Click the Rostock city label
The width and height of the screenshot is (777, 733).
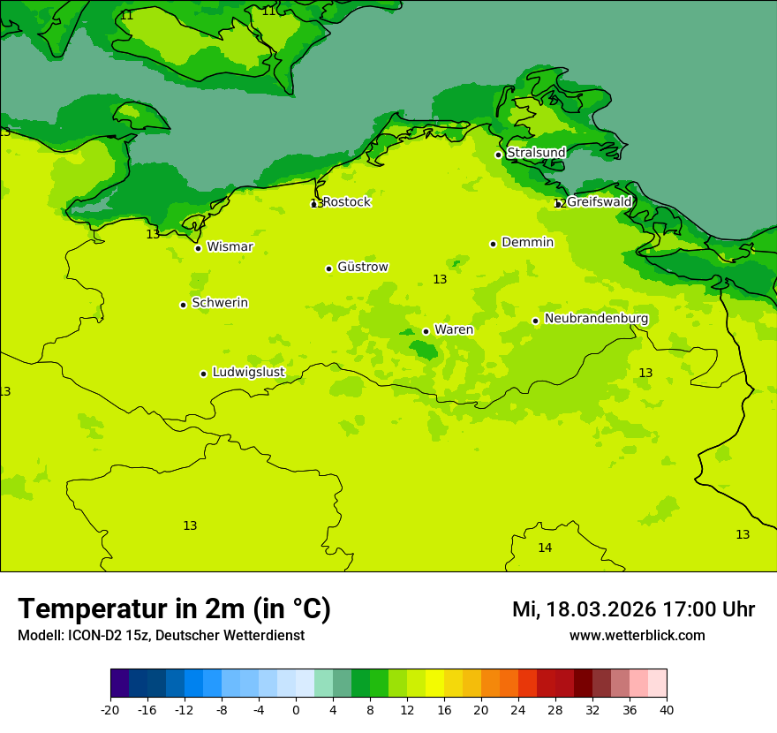346,202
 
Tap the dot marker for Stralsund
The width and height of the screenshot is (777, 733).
498,155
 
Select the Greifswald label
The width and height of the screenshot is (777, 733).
599,202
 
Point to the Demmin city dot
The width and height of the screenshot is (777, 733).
493,244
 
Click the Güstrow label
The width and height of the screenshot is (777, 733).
362,267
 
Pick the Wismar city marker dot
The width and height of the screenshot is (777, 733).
198,248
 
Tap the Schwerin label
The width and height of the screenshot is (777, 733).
220,303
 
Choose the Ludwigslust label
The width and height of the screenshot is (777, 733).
248,372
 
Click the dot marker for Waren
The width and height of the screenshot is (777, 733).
426,331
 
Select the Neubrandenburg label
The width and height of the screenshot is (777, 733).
596,319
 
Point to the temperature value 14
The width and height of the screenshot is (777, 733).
545,548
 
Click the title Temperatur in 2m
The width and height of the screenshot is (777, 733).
174,609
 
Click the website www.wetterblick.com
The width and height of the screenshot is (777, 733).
637,636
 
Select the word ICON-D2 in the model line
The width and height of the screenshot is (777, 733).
94,636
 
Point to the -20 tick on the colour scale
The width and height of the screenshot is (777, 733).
110,709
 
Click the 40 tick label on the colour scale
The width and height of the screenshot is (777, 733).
667,709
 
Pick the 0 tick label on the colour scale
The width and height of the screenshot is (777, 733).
296,709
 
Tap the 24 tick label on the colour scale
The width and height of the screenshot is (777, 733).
518,709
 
